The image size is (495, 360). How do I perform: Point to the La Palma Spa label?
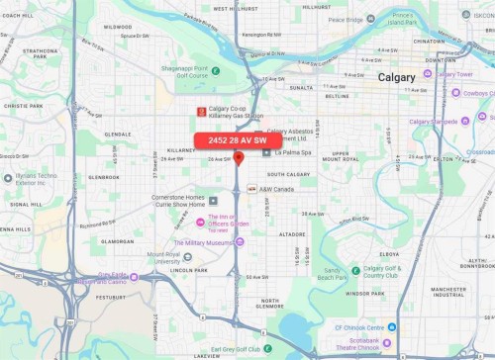[292, 153]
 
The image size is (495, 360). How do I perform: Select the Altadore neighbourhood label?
[292, 234]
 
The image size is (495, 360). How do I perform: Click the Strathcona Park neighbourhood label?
[42, 53]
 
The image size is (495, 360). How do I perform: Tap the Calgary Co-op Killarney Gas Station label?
[234, 111]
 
